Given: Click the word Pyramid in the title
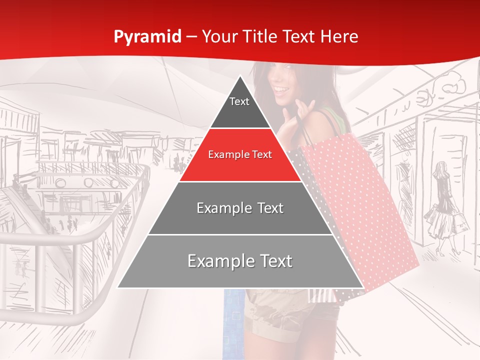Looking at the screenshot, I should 147,37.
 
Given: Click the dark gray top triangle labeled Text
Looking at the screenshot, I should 239,107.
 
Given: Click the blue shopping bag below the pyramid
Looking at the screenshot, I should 233,320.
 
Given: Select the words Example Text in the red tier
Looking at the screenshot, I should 240,155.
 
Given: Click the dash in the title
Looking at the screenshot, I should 192,37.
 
